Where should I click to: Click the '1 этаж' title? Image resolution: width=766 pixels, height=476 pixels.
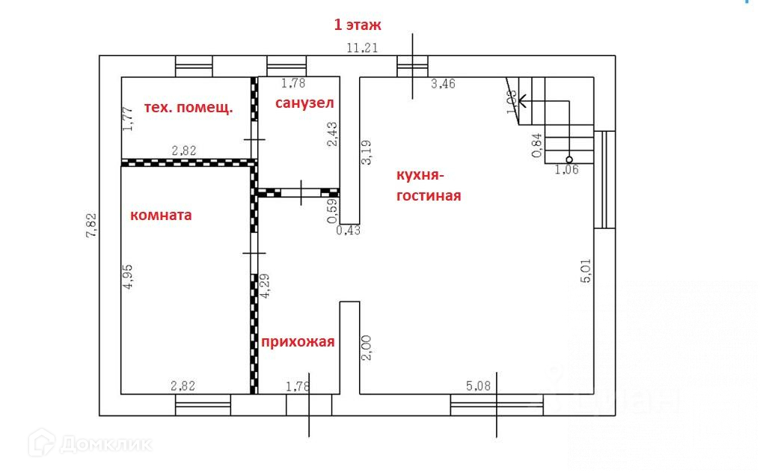tap(358, 25)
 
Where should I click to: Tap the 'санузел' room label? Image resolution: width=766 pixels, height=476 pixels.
tap(304, 103)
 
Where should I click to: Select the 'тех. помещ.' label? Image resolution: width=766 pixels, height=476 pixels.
tap(187, 107)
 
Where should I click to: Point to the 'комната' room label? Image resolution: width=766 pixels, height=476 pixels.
tap(161, 216)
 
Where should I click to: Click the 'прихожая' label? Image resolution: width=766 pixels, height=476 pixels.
tap(297, 342)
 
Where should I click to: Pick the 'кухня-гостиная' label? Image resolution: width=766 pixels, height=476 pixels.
tap(428, 186)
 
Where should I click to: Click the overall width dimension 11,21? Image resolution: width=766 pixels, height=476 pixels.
tap(361, 49)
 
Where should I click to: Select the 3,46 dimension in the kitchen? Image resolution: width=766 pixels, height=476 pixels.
tap(443, 85)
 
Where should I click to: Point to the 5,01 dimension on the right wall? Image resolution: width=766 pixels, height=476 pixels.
tap(586, 270)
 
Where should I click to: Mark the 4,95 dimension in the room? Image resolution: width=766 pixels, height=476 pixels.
tap(128, 276)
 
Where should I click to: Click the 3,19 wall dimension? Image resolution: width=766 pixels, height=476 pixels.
tap(367, 152)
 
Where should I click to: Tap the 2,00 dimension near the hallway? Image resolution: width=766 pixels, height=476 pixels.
tap(367, 347)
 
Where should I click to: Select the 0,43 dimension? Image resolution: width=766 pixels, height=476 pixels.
tap(348, 231)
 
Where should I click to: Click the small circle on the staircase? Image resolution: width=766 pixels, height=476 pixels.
tap(569, 159)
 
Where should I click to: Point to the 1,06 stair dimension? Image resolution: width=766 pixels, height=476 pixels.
tap(566, 170)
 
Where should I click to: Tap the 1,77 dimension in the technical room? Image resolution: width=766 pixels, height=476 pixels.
tap(128, 119)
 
